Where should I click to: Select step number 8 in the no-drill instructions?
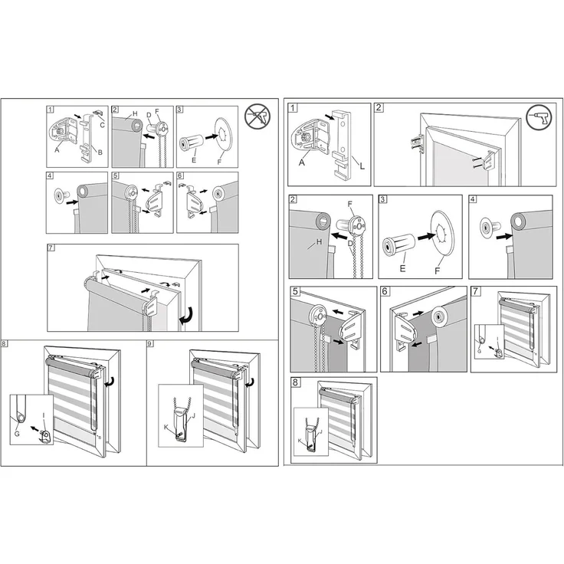click(x=5, y=345)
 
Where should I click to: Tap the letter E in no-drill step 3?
click(x=194, y=162)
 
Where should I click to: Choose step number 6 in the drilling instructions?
click(x=385, y=292)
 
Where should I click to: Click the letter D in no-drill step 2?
click(x=149, y=116)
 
